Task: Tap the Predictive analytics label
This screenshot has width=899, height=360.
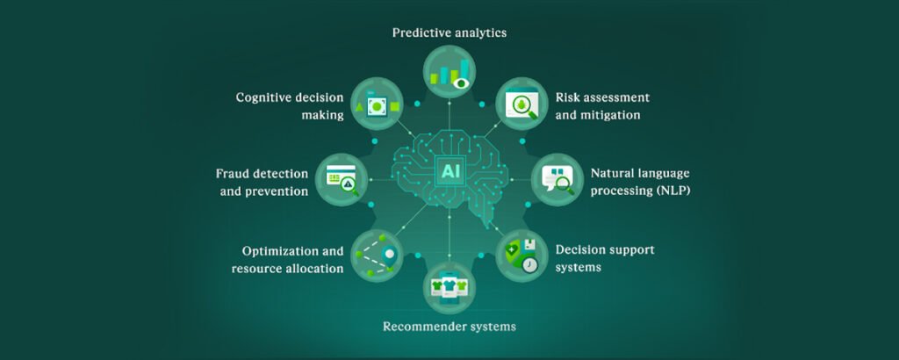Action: tap(449, 32)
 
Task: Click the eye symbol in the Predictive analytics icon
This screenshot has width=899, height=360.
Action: tap(462, 82)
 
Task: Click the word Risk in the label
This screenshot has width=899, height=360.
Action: tap(569, 97)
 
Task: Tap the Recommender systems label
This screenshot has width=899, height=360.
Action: tap(449, 327)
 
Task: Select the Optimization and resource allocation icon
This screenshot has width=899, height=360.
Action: tap(377, 254)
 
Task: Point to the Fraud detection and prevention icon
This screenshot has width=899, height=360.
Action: tap(341, 179)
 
